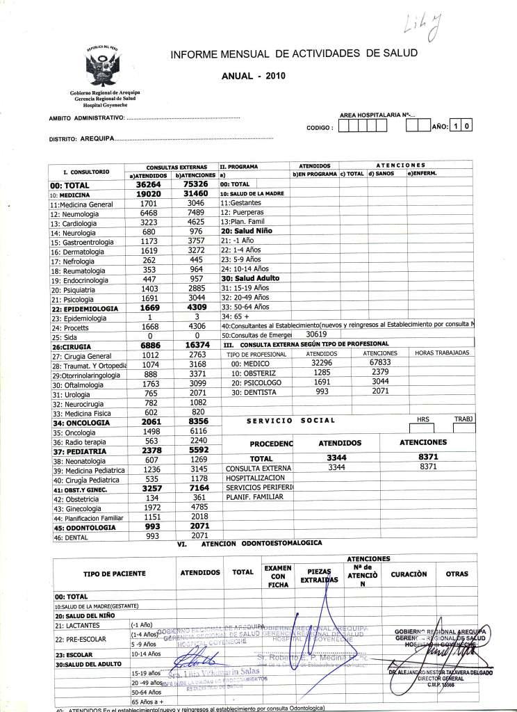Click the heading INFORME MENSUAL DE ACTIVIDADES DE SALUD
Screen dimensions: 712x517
(x=293, y=54)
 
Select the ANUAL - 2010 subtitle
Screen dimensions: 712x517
(x=252, y=76)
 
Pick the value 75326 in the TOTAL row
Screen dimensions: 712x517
(x=189, y=186)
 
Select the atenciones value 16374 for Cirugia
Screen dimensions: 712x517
(x=189, y=345)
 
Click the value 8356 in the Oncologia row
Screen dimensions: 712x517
(x=189, y=421)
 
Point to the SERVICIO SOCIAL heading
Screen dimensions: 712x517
(x=290, y=421)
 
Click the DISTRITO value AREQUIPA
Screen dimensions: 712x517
(x=97, y=139)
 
